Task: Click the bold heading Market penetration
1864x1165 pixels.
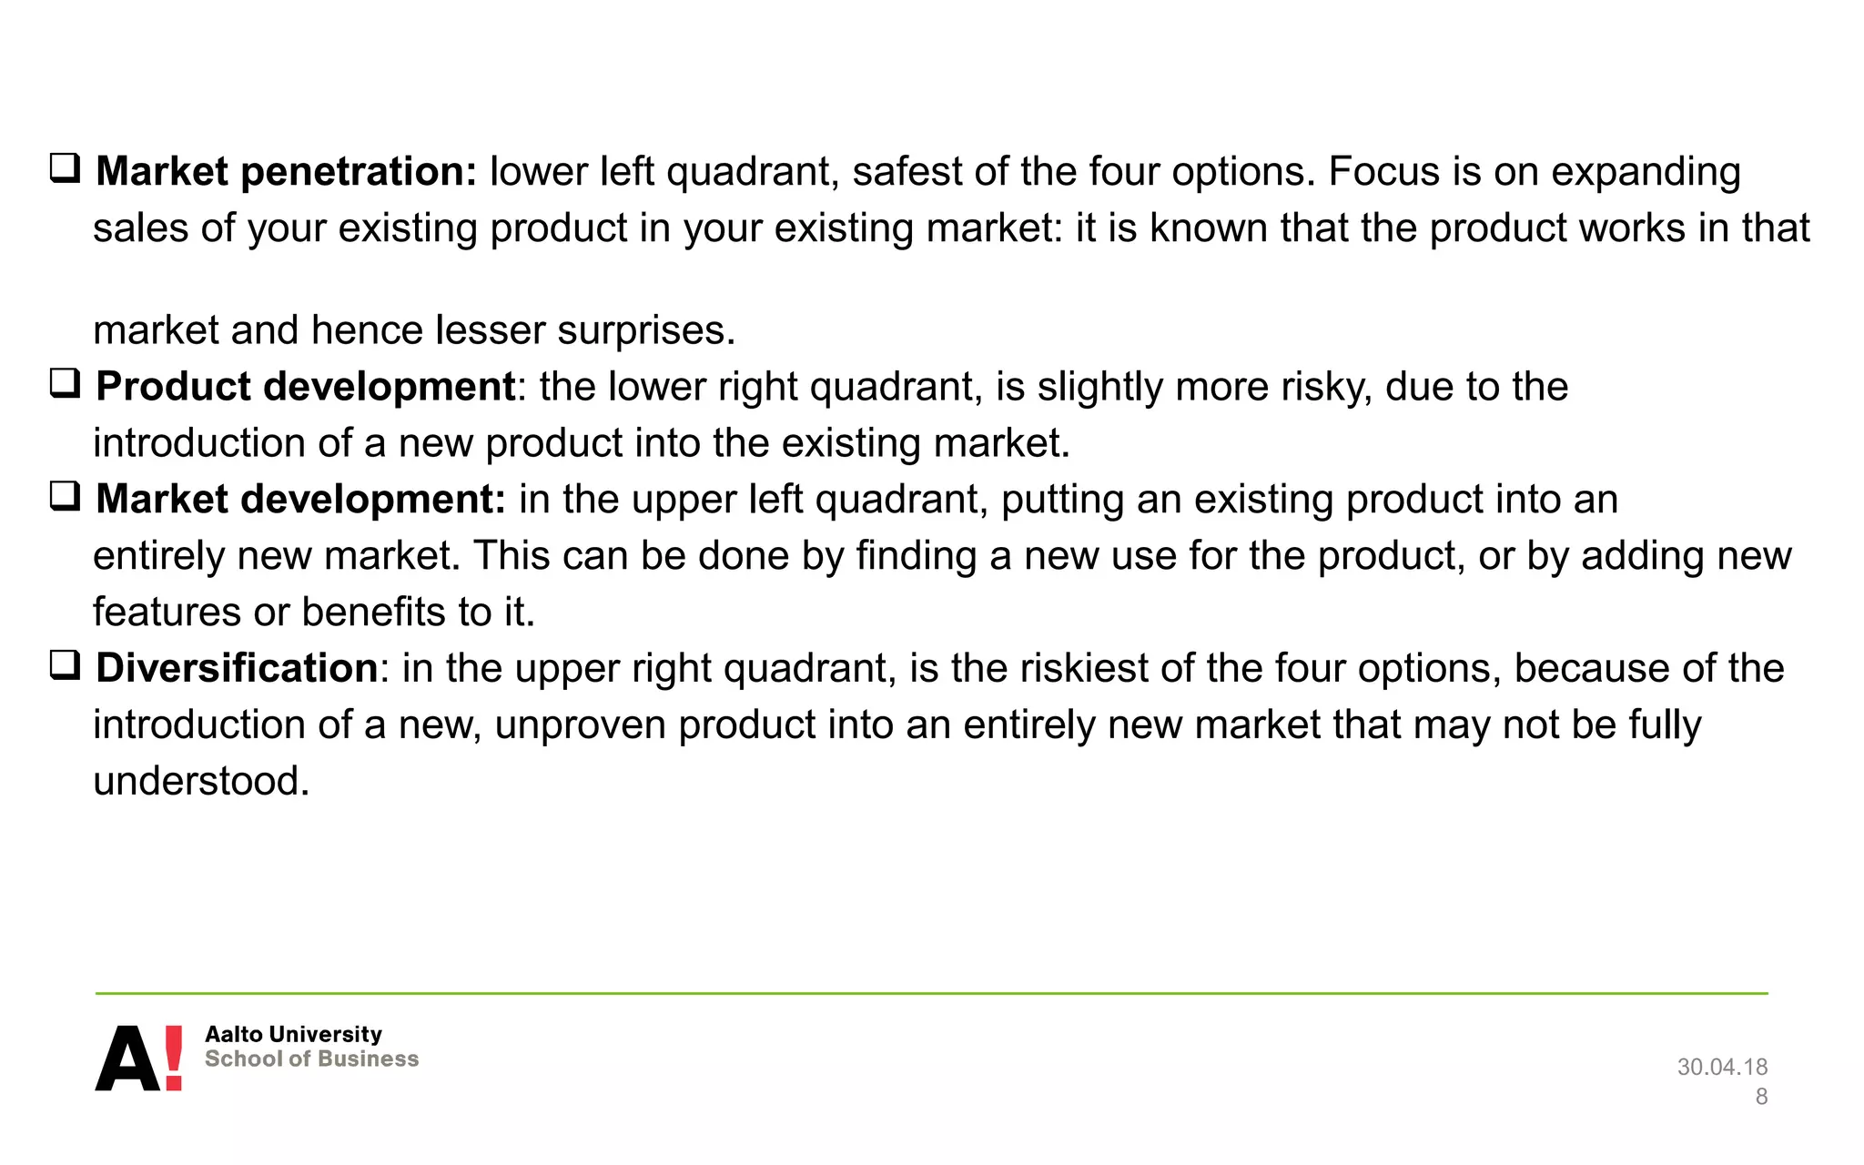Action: (286, 171)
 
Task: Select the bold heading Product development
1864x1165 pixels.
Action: (306, 386)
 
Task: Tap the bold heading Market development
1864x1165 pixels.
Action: (300, 499)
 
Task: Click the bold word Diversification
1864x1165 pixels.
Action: (237, 668)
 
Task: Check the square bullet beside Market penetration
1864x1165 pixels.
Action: (65, 168)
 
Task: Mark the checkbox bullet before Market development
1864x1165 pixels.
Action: (65, 496)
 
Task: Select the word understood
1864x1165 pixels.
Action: (201, 781)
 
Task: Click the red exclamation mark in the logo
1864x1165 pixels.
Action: (173, 1058)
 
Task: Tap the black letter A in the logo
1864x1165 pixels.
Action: (127, 1059)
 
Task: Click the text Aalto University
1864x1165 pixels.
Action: (293, 1034)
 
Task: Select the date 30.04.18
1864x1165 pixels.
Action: (1722, 1067)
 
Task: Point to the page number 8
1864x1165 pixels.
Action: (1761, 1097)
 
